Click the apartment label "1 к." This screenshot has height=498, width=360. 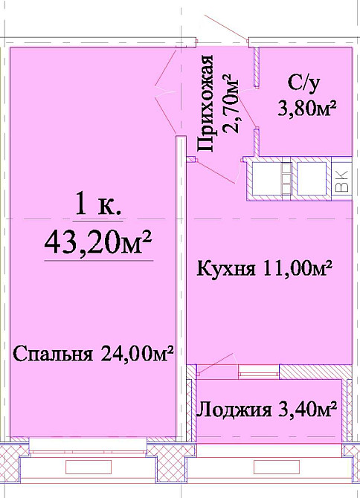click(x=98, y=205)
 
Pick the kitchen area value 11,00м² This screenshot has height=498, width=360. click(x=295, y=268)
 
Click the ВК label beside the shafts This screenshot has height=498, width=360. click(x=341, y=180)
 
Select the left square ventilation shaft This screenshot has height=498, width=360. click(x=265, y=180)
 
